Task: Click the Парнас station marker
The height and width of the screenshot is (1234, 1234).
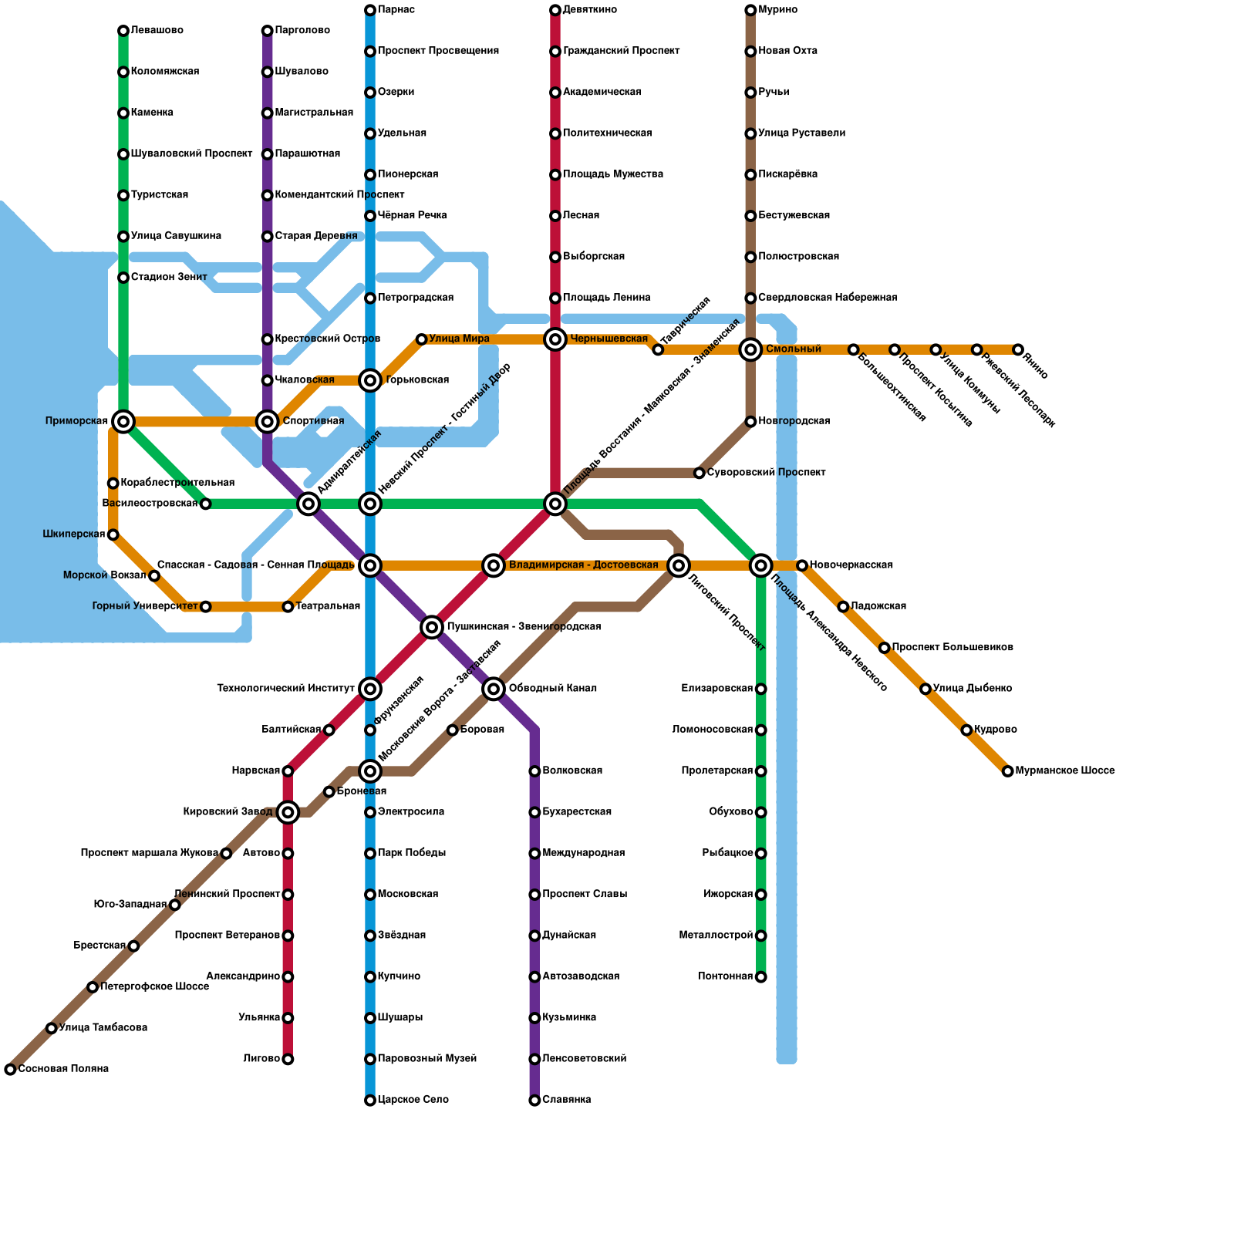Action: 370,10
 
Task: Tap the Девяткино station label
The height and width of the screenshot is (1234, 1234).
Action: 589,10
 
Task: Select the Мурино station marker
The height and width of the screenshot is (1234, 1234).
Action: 750,10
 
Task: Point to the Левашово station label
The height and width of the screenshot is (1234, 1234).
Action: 157,31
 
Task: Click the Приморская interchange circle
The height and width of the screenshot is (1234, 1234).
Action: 123,421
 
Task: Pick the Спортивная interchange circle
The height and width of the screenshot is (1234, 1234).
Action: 268,421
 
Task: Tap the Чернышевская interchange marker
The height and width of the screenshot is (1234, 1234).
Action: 555,339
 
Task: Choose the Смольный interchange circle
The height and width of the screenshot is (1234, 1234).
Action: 750,349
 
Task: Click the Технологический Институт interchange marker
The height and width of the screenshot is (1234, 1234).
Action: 370,689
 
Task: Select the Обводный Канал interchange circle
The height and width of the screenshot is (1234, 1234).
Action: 494,689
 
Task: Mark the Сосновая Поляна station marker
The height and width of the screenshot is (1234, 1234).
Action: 10,1069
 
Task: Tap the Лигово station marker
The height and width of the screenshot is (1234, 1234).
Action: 288,1059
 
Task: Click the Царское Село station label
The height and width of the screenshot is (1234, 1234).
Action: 413,1100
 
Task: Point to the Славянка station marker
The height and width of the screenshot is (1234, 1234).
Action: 534,1100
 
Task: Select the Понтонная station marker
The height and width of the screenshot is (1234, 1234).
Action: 761,977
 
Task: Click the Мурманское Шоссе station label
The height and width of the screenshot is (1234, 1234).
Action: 1064,771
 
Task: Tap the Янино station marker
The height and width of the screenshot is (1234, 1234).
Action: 1018,350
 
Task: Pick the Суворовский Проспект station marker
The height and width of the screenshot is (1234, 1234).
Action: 700,473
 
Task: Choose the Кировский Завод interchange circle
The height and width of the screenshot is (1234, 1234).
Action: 288,812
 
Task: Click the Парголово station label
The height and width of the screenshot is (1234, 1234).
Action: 302,31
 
